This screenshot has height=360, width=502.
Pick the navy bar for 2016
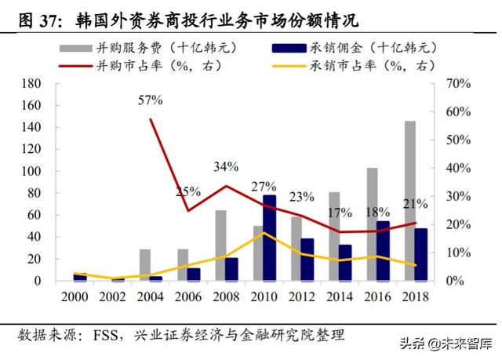coord(383,250)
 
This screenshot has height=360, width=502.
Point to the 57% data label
coord(150,100)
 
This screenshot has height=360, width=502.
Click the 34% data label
coord(226,167)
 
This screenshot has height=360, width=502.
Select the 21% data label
coord(416,205)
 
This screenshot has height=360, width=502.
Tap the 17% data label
coord(340,212)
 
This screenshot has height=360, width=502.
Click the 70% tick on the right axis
coord(459,83)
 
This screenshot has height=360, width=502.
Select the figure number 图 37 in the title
coord(32,16)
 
